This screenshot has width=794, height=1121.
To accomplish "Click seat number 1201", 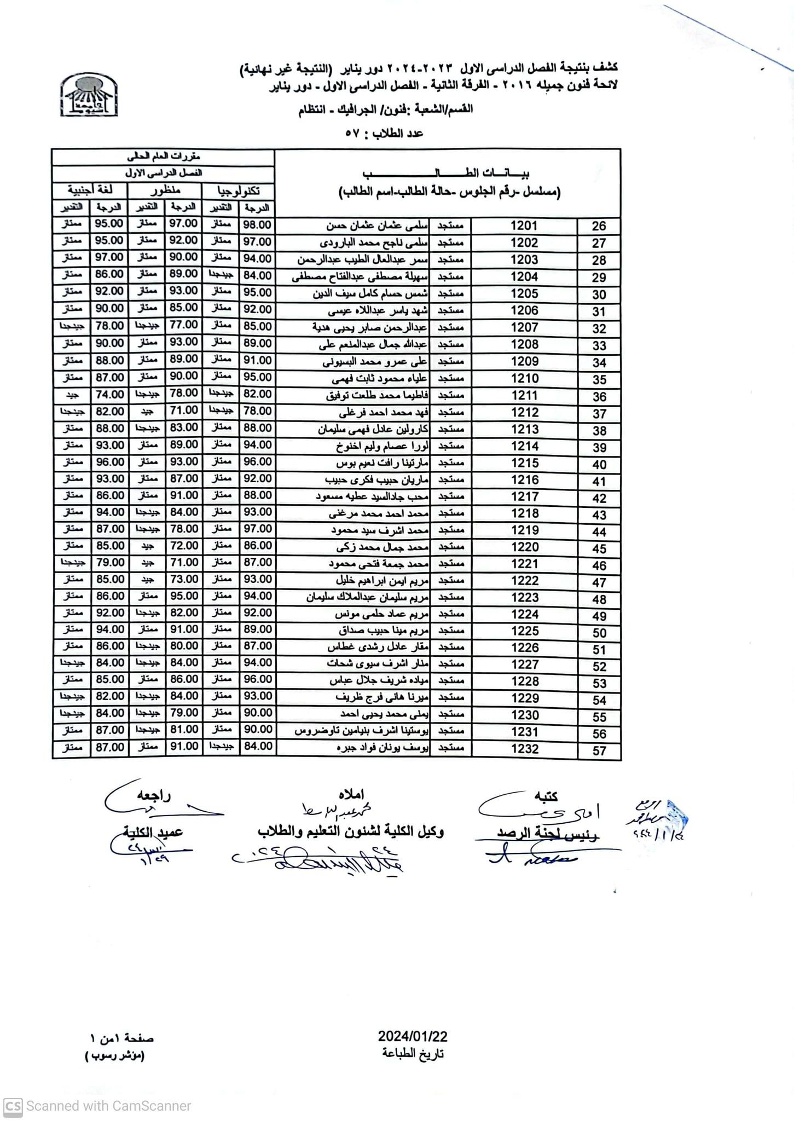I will click(x=524, y=226).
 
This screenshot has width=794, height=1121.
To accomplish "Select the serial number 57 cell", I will click(x=599, y=750).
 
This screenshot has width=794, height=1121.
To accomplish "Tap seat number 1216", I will click(x=524, y=480).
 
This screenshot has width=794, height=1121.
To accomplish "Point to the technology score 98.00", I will click(x=257, y=224).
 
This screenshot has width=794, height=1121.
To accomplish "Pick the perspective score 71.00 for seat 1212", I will click(x=183, y=410).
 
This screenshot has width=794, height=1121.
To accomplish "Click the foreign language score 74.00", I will click(x=109, y=394).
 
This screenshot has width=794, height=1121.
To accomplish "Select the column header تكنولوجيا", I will click(x=238, y=191).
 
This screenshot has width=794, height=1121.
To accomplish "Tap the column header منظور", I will click(x=165, y=190).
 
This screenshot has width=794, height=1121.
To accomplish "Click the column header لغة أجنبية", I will click(x=90, y=190).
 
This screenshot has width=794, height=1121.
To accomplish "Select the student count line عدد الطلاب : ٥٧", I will click(x=384, y=133).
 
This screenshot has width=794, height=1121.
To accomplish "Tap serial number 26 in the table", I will click(x=599, y=226).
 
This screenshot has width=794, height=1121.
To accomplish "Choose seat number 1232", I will click(x=524, y=749).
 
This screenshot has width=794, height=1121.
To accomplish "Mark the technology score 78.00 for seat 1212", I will click(x=257, y=411).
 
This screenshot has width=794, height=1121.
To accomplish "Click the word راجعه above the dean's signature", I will click(x=154, y=796).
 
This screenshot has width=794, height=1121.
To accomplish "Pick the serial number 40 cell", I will click(x=599, y=464).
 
